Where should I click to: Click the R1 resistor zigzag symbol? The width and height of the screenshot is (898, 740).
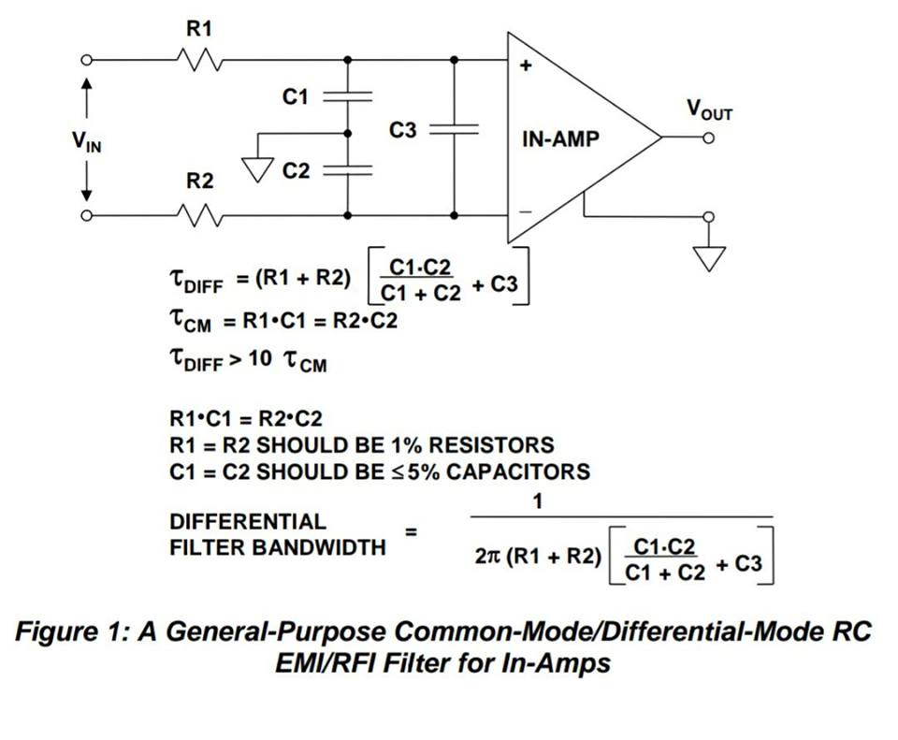tap(198, 61)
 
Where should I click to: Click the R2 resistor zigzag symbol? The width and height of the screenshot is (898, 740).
tap(198, 215)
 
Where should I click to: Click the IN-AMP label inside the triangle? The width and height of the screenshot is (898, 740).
tap(560, 139)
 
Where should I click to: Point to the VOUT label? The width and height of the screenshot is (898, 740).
tap(710, 110)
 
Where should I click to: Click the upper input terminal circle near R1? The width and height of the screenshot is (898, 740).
tap(87, 61)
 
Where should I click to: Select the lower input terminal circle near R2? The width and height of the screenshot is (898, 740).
tap(87, 215)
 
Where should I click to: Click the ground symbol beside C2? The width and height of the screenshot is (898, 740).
tap(254, 168)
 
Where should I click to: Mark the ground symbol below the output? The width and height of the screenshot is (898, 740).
tap(709, 256)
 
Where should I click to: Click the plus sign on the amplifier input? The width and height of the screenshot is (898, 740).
tap(525, 66)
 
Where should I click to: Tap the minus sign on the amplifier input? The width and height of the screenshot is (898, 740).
tap(525, 211)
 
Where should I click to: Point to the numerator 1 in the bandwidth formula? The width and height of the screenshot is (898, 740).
tap(537, 502)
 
